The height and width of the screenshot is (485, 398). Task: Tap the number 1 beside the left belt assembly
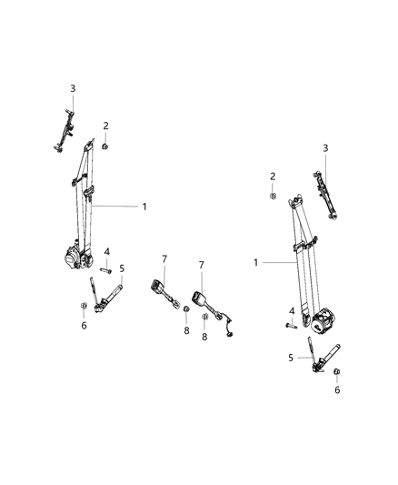(x=144, y=207)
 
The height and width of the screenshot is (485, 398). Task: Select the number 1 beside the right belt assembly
(x=257, y=262)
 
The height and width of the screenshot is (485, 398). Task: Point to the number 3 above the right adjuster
(x=325, y=147)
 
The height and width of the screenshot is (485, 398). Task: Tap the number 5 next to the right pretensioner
(x=293, y=358)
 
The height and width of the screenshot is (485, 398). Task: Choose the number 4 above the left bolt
(x=106, y=252)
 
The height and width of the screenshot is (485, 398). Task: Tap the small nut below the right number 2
(x=272, y=195)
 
